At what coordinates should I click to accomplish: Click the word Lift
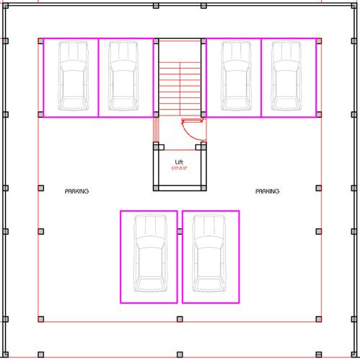[x=180, y=162]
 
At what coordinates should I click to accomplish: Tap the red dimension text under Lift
[x=180, y=168]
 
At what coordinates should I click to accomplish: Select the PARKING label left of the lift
[x=76, y=191]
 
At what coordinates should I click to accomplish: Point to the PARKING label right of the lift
[x=268, y=191]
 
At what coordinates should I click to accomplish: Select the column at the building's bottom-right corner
[x=353, y=354]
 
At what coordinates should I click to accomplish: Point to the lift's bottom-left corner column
[x=156, y=188]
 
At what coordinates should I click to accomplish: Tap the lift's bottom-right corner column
[x=203, y=188]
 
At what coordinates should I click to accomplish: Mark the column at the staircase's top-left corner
[x=156, y=40]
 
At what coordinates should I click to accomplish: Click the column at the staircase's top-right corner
[x=203, y=40]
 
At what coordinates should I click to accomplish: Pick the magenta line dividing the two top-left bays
[x=97, y=77]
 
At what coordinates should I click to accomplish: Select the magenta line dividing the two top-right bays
[x=262, y=77]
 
